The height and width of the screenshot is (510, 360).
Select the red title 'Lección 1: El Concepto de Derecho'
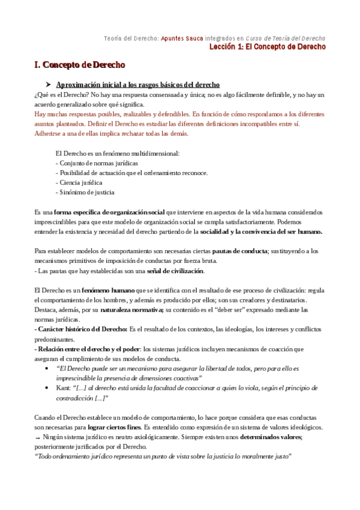[x=267, y=46]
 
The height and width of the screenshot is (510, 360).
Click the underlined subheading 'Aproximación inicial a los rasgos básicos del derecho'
[x=138, y=85]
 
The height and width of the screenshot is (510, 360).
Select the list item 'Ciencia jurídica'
[x=81, y=182]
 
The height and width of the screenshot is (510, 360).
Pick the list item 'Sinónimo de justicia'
[x=87, y=192]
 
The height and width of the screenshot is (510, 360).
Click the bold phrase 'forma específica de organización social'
[x=109, y=212]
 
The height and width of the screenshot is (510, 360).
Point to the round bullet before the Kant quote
[x=47, y=388]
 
